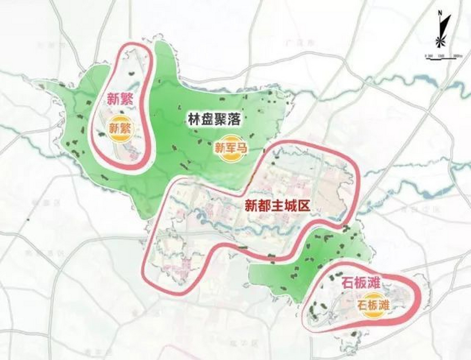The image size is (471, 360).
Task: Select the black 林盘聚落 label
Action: [x=214, y=120]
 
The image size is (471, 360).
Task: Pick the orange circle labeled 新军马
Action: [x=231, y=148]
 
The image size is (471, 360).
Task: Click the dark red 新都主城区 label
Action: [x=277, y=206]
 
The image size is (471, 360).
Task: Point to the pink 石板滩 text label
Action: [x=361, y=283]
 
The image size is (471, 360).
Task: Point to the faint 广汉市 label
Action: [x=300, y=43]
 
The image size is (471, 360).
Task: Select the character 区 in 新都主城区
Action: [x=304, y=206]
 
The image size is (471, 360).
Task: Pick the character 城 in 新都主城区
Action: [x=290, y=206]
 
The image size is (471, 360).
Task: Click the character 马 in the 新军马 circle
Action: [x=242, y=148]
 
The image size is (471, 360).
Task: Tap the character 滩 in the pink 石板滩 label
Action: [x=374, y=283]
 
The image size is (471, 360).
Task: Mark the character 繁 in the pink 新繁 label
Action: [x=127, y=99]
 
